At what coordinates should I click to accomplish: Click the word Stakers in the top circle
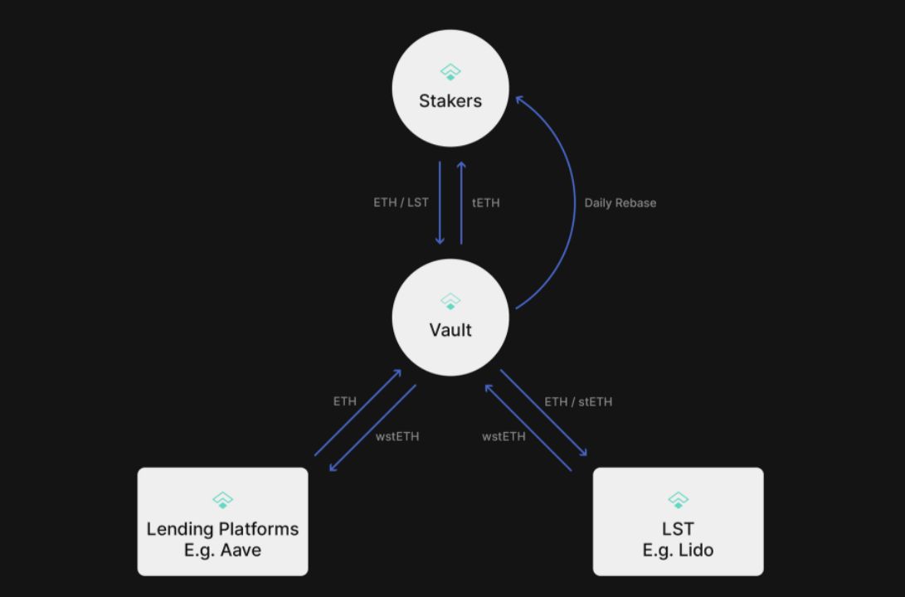(450, 101)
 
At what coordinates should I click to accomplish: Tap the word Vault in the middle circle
(450, 330)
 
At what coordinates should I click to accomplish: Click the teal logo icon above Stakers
(450, 72)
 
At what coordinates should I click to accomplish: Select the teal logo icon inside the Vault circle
(450, 301)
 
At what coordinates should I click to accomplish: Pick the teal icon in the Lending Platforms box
(222, 500)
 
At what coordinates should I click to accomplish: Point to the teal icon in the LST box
(678, 500)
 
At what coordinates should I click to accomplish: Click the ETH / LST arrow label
(401, 202)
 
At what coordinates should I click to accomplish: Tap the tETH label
(486, 202)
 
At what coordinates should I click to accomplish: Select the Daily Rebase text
(620, 203)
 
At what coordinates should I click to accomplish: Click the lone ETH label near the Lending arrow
(345, 401)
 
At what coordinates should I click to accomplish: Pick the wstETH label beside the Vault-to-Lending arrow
(397, 436)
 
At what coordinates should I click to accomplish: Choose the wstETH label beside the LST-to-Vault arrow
(504, 436)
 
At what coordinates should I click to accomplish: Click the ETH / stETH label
(578, 402)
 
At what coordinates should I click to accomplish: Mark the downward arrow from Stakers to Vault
(440, 203)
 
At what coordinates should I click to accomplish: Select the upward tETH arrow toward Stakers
(461, 203)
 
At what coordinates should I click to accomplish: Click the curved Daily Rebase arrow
(573, 203)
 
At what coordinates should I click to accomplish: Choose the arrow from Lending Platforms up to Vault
(358, 413)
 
